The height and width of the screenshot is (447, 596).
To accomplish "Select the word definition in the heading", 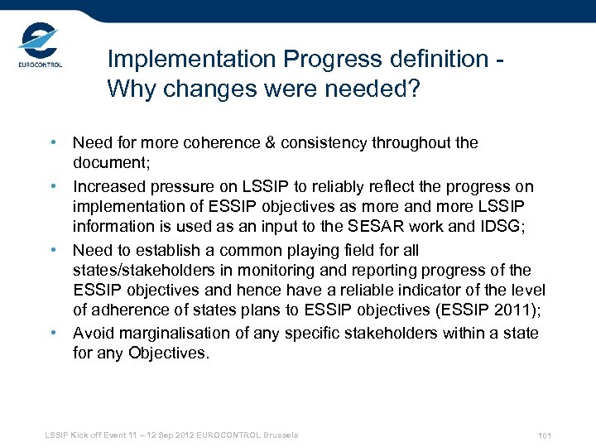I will pos(428,60).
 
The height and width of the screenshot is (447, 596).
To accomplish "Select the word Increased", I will pos(106,186).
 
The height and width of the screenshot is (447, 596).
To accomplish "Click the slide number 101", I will pos(544,436).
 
